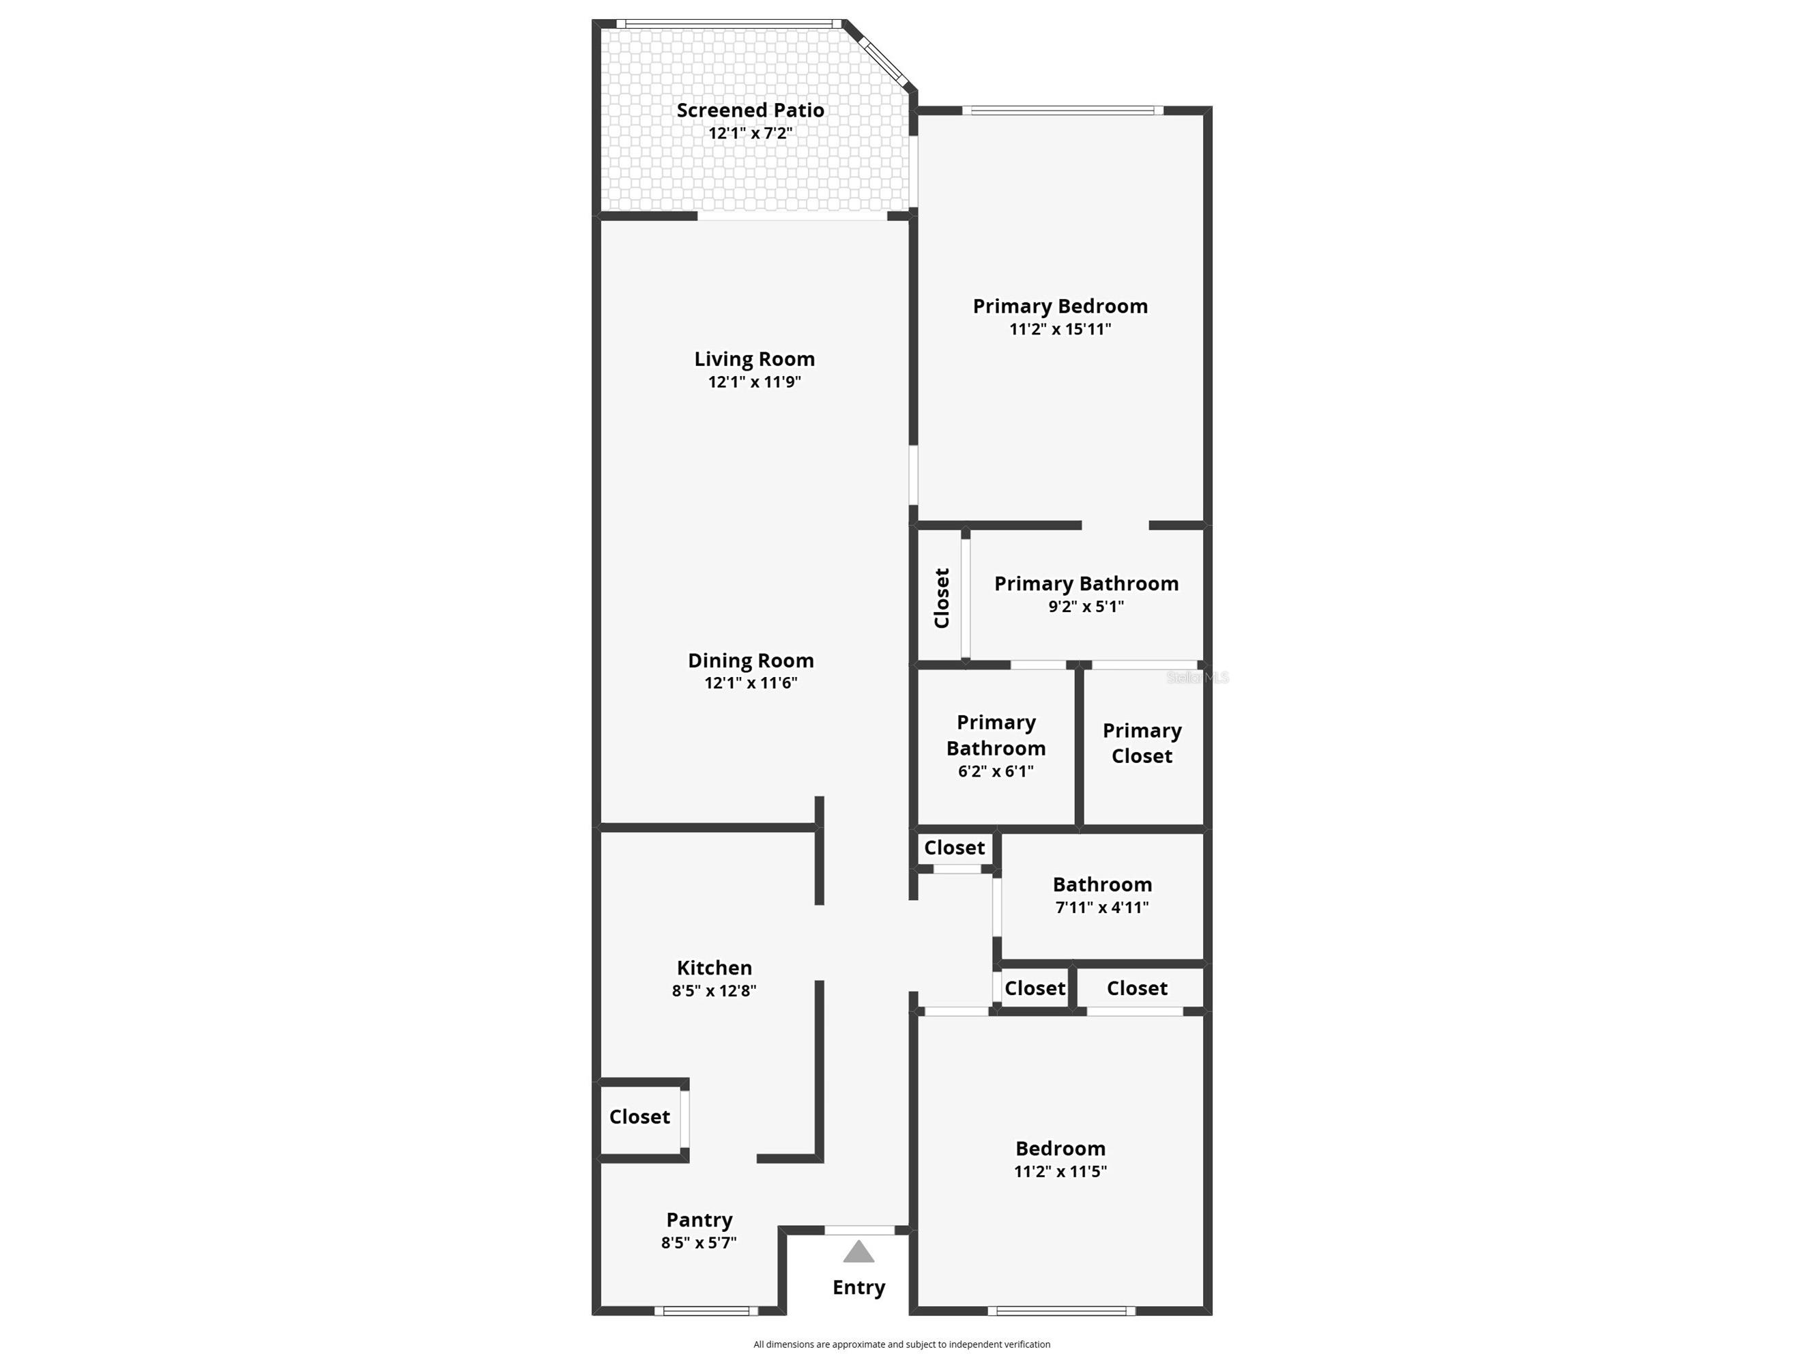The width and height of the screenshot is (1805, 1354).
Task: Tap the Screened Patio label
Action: (x=750, y=110)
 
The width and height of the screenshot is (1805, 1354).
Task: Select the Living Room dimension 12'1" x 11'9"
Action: (x=754, y=382)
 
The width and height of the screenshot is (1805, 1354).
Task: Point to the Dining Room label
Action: (x=751, y=660)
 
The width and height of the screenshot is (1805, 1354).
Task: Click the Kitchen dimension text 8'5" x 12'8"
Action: (x=714, y=991)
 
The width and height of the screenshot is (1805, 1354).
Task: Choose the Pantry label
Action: (x=699, y=1220)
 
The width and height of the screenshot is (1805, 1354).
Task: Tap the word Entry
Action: (x=858, y=1287)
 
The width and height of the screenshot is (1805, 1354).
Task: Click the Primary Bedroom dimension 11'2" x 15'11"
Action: (x=1060, y=329)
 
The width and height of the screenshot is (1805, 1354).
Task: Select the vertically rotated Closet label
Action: (x=942, y=599)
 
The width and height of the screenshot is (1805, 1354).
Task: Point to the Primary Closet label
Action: (x=1142, y=743)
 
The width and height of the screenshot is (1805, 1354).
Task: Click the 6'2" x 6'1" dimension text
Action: (x=996, y=771)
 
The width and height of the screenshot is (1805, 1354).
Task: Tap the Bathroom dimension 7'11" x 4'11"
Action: (x=1101, y=907)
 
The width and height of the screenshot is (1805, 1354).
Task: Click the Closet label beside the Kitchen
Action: (x=639, y=1117)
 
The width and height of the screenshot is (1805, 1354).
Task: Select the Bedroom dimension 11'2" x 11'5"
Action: (x=1060, y=1171)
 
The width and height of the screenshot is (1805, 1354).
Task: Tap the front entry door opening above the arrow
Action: (x=859, y=1230)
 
